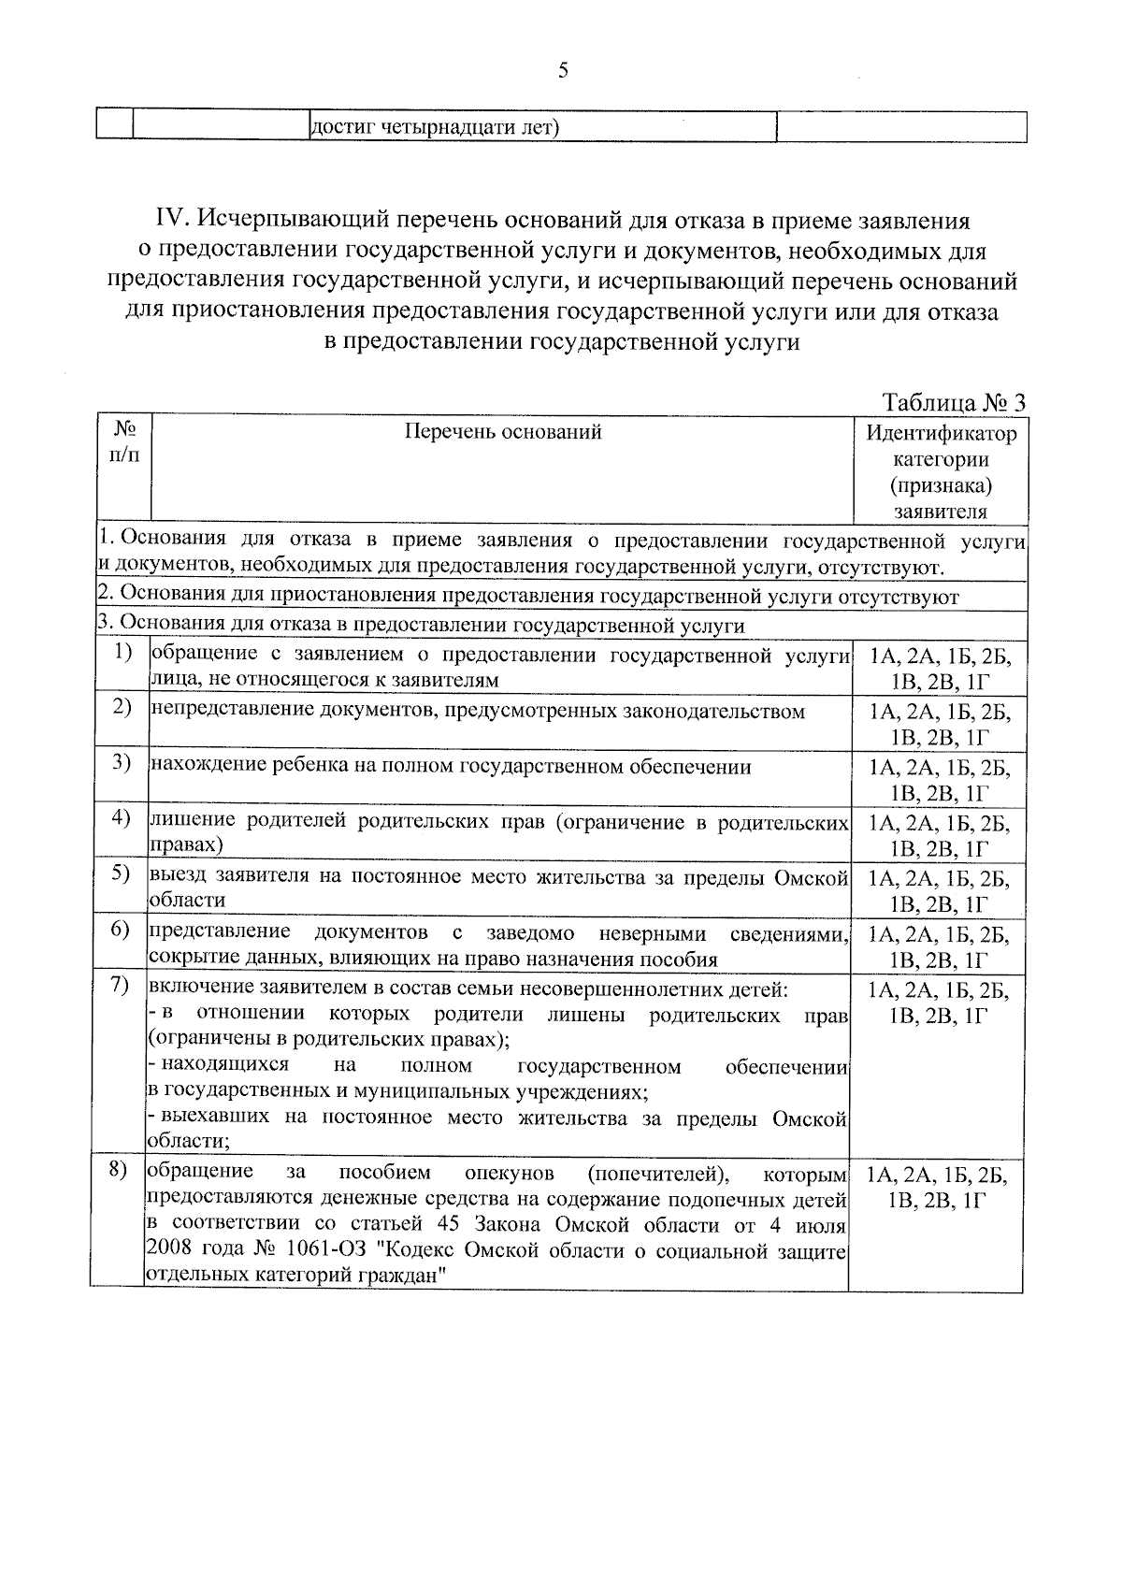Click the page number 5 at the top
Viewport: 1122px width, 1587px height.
coord(562,71)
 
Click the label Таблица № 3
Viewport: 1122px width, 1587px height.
coord(954,403)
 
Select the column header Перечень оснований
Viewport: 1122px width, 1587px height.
coord(502,431)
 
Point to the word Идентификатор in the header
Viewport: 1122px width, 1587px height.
coord(940,433)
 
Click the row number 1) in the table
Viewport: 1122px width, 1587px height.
coord(122,652)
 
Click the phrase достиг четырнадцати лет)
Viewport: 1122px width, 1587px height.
coord(434,126)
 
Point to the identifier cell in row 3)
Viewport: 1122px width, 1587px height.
coord(939,780)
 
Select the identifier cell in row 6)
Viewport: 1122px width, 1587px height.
coord(939,946)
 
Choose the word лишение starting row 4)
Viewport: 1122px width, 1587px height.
coord(193,822)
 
